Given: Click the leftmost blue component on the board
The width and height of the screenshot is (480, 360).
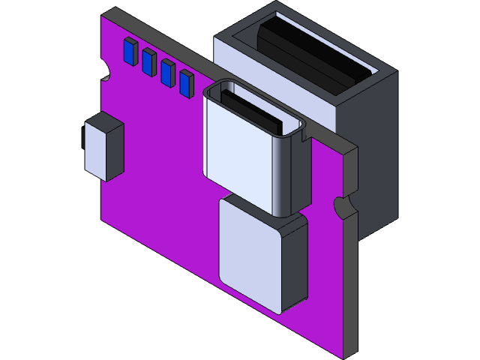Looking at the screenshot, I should (x=129, y=51).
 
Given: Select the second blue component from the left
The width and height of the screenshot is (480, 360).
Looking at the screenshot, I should (x=148, y=62).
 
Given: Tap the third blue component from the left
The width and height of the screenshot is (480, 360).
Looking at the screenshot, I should (x=166, y=73).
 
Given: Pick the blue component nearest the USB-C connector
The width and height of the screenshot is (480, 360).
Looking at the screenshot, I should (x=185, y=83).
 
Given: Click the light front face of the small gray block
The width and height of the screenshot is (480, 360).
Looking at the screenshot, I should (x=96, y=150).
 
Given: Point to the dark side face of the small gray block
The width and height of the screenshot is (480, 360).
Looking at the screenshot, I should (x=115, y=152).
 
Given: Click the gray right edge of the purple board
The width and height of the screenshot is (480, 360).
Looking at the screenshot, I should (x=349, y=285).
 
